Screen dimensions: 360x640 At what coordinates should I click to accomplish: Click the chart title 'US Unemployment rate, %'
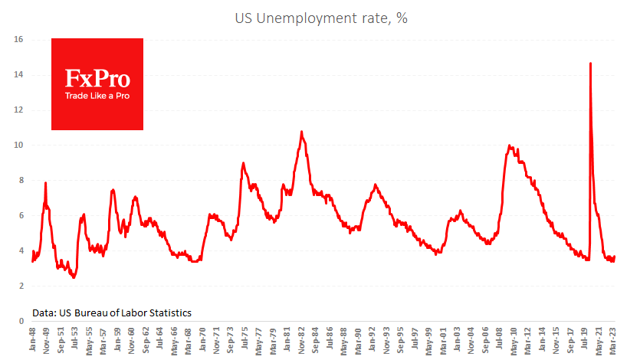[320, 18]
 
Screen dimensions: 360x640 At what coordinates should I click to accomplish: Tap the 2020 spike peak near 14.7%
[590, 63]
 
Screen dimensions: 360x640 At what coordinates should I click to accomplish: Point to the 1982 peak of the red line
[302, 132]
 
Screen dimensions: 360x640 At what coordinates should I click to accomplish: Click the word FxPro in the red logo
[97, 79]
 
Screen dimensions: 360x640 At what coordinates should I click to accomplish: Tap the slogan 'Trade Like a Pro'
[97, 97]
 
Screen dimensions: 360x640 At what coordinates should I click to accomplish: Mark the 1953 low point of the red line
[74, 277]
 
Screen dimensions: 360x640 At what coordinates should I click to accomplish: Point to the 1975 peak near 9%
[243, 162]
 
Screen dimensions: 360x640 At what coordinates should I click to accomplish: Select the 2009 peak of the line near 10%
[510, 145]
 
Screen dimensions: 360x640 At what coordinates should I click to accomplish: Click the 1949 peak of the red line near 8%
[46, 182]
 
